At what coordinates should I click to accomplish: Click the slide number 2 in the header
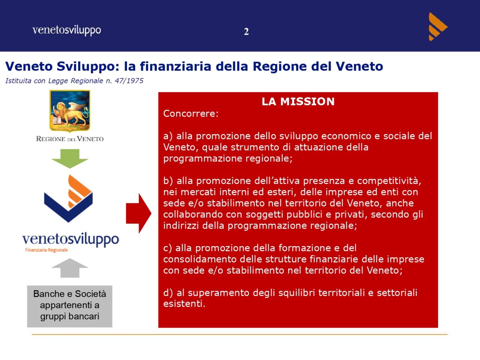point(246,32)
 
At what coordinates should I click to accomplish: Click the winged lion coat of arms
point(70,111)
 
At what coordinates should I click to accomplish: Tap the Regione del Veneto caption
point(70,139)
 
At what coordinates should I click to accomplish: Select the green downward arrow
point(70,159)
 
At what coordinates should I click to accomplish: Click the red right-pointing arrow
point(139,213)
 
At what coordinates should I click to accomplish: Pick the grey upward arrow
point(70,268)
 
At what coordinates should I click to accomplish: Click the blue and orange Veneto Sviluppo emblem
point(69,198)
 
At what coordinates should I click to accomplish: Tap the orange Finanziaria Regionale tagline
point(46,250)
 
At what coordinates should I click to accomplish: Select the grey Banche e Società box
point(69,306)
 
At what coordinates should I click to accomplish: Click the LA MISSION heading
point(298,102)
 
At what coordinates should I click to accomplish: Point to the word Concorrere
point(191,114)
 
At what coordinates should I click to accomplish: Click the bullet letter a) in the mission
point(168,136)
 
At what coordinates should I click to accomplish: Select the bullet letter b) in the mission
point(168,181)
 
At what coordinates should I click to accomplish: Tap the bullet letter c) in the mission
point(168,248)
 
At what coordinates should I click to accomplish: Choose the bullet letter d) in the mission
point(168,293)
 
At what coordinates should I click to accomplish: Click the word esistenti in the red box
point(184,304)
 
